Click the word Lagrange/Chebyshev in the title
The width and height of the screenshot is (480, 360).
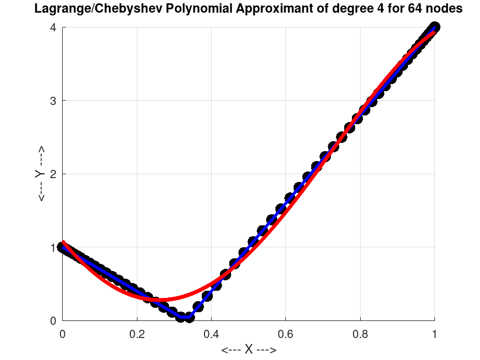coord(89,9)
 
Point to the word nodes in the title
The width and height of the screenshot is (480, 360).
coord(443,9)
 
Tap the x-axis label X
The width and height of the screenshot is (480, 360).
coord(249,350)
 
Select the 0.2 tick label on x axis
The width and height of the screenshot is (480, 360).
coord(137,333)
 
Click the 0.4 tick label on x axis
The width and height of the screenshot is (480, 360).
coord(211,333)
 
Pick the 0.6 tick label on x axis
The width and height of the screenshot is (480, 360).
coord(286,333)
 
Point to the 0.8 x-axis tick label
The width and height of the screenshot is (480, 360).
coord(360,333)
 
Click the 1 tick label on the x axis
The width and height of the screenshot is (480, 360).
coord(434,333)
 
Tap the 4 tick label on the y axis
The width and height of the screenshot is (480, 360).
coord(53,27)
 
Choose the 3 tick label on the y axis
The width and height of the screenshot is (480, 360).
coord(53,101)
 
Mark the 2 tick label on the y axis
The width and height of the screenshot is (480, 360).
coord(53,174)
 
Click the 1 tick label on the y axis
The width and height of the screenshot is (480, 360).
coord(53,247)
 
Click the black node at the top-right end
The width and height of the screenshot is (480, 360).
coord(434,27)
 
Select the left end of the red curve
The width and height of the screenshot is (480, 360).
coord(63,242)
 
